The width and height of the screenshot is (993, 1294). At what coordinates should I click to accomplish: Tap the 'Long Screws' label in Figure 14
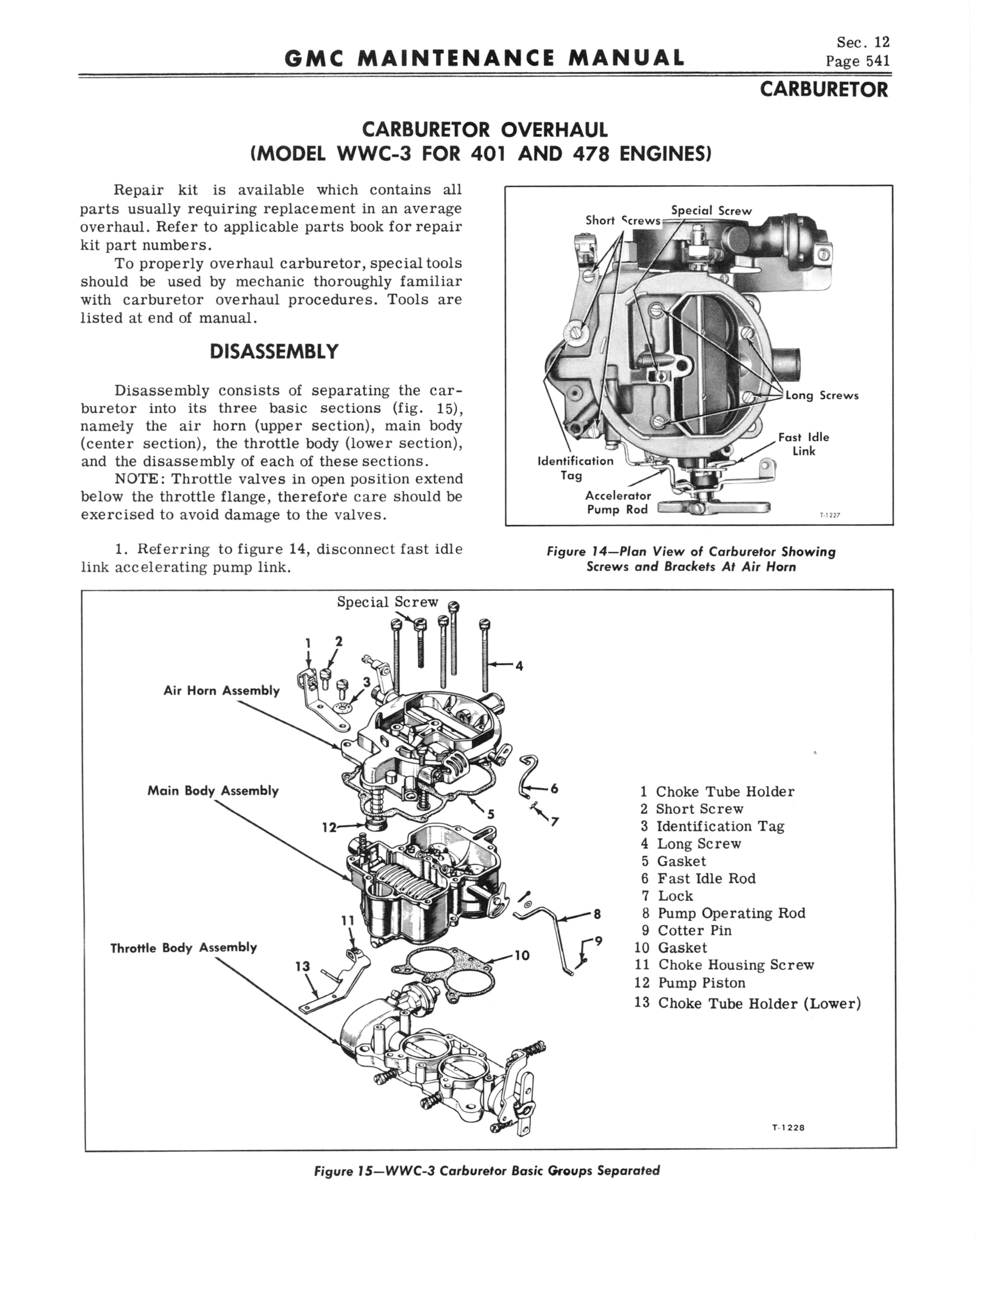click(x=822, y=396)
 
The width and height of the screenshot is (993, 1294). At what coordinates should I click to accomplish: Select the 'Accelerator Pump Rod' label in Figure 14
click(x=618, y=502)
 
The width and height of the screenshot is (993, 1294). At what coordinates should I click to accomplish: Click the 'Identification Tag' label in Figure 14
click(x=575, y=468)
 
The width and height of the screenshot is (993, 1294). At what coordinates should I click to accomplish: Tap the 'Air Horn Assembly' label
click(x=222, y=691)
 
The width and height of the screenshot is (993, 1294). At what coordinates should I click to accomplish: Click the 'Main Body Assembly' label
click(x=213, y=791)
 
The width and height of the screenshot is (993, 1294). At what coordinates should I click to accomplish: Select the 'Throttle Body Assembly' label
click(x=184, y=947)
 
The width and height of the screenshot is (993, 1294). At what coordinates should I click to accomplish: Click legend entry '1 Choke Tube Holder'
click(x=717, y=791)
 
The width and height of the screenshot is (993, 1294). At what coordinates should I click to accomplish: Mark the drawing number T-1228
click(x=788, y=1127)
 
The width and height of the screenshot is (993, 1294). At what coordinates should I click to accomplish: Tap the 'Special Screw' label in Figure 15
click(x=388, y=602)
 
